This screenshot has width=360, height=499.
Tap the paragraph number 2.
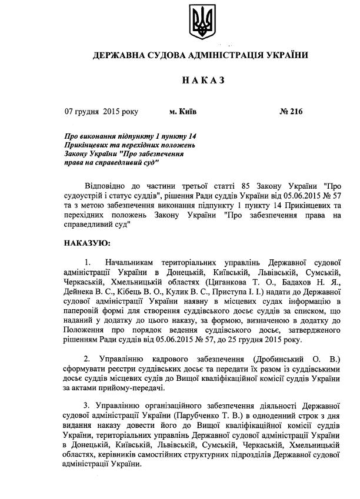point(86,358)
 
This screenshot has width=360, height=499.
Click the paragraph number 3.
point(86,406)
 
